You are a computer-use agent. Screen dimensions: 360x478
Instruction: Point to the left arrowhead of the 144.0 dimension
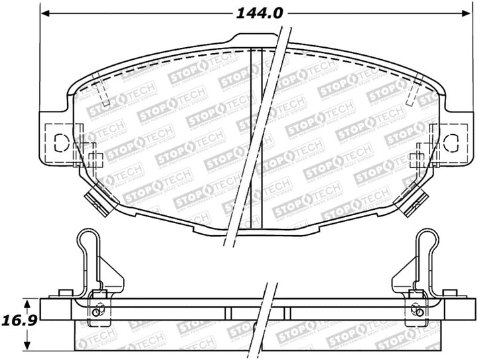45,12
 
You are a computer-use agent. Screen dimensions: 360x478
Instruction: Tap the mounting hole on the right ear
450,141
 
